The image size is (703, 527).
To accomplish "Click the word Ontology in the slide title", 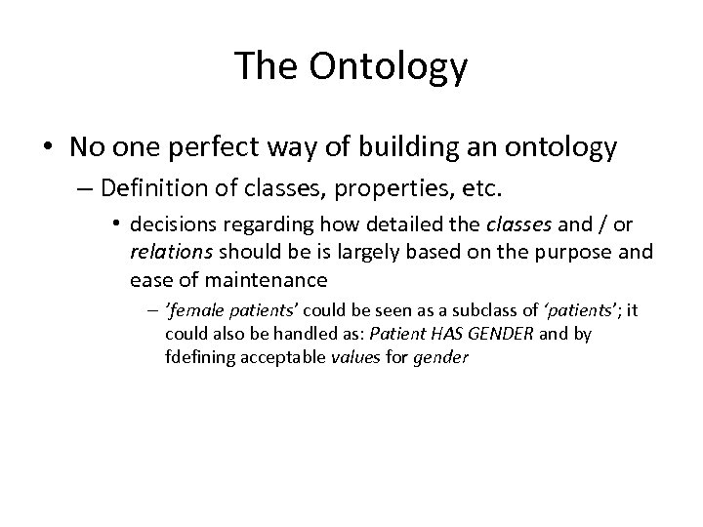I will click(x=388, y=67).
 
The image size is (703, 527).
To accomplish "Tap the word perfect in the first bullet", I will click(x=226, y=148).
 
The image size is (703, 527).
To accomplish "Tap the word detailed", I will click(x=388, y=224).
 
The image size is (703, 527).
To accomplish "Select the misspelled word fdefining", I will click(x=195, y=357).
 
